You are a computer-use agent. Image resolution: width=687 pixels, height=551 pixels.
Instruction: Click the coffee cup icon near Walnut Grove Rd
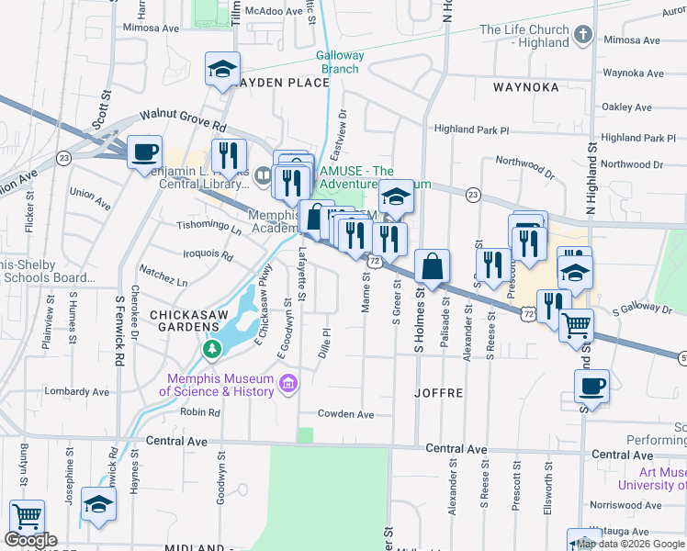click(x=144, y=152)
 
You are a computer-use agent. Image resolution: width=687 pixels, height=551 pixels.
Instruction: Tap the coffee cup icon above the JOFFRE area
click(x=591, y=386)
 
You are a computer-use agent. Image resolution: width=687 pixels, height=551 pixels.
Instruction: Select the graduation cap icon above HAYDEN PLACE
click(x=222, y=70)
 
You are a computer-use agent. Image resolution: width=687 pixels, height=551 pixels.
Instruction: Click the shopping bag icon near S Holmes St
click(x=432, y=266)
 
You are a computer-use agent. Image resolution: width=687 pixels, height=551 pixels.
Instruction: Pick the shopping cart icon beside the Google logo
click(x=27, y=516)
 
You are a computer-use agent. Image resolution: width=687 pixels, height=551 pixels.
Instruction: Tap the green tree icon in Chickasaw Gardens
click(x=212, y=349)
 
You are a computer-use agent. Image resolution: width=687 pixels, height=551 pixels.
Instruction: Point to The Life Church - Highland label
click(x=524, y=36)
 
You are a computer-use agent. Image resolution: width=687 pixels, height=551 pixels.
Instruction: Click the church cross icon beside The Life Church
click(x=581, y=36)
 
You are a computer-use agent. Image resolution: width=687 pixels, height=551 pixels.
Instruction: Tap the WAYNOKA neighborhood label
click(x=525, y=87)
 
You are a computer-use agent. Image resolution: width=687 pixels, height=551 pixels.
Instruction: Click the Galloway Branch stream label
click(x=340, y=62)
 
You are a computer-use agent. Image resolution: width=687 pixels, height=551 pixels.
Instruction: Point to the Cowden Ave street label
click(x=346, y=414)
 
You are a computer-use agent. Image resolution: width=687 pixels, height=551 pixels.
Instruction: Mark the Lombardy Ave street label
click(x=76, y=390)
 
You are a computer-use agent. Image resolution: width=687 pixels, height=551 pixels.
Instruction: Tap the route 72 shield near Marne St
click(x=373, y=262)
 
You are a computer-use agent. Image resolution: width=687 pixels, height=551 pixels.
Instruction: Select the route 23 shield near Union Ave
click(x=63, y=158)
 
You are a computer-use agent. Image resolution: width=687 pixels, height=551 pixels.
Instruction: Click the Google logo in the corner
click(x=30, y=540)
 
